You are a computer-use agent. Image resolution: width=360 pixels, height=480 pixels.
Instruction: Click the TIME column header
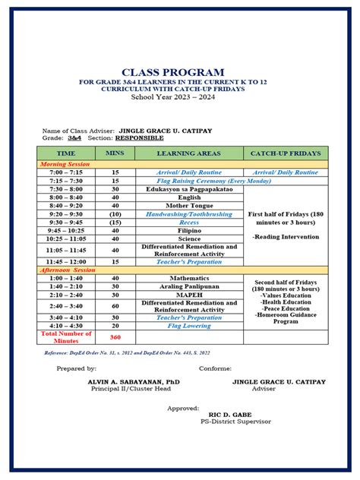pos(66,153)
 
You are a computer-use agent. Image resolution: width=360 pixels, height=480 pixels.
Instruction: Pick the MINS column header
pos(115,153)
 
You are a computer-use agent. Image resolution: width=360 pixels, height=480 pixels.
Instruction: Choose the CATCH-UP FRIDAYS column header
pos(285,153)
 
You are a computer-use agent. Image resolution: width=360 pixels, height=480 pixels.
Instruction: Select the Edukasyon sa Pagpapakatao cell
pos(188,189)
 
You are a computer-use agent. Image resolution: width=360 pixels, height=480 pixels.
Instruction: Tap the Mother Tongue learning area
pos(188,206)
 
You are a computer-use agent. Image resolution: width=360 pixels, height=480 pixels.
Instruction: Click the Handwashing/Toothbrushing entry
pos(188,214)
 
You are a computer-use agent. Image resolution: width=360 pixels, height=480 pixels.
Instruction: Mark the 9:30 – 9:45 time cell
pos(66,223)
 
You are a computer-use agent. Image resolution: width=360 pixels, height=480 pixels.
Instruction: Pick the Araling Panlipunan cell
pos(188,286)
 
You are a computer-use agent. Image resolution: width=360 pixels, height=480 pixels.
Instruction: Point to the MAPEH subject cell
pos(188,295)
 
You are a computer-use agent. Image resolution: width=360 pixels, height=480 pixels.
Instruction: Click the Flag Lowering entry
pos(188,325)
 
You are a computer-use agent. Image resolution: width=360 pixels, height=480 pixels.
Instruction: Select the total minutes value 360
pos(115,336)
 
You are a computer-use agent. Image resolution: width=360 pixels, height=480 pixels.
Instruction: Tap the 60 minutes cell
pos(115,306)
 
